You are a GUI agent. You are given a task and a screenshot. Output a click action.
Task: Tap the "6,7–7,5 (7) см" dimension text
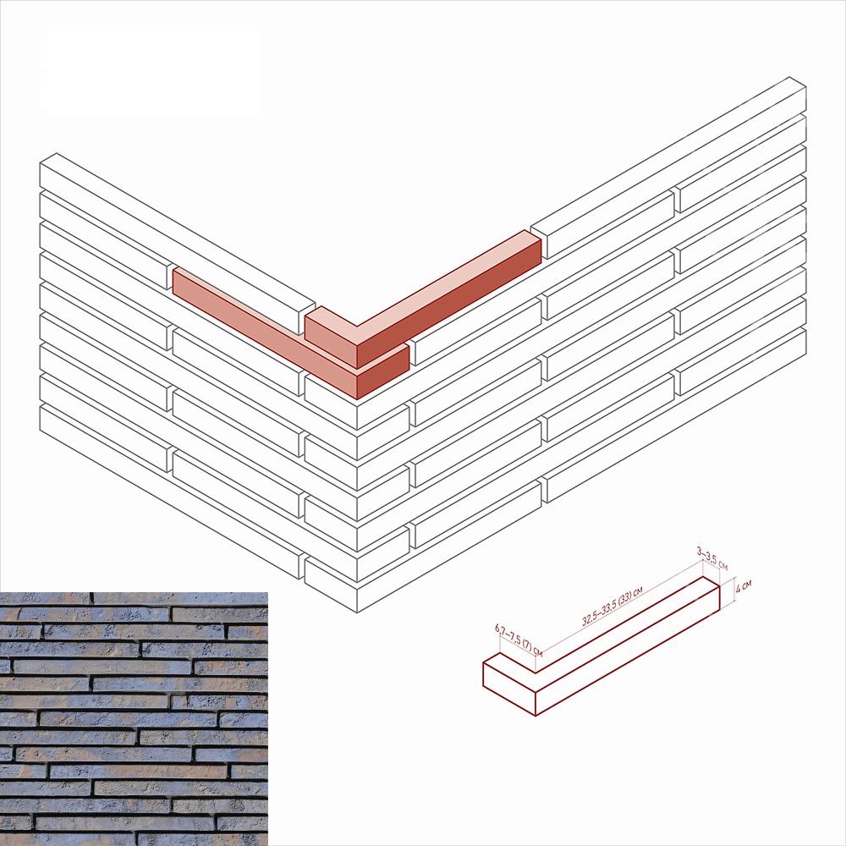(x=519, y=640)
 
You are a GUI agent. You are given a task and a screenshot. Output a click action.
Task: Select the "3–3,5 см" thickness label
(x=712, y=559)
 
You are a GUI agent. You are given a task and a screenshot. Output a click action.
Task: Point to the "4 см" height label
(x=744, y=586)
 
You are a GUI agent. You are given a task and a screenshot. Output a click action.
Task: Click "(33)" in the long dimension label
(x=624, y=599)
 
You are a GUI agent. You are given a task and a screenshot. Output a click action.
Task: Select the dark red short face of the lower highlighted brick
(x=382, y=371)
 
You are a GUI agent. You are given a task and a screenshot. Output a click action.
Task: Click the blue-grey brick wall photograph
(x=134, y=718)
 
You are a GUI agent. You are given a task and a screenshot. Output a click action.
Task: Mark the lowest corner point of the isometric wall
(x=358, y=613)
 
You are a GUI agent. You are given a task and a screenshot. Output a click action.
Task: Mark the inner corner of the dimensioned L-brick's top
(x=536, y=673)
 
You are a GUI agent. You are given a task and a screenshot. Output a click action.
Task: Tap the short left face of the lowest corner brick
(x=331, y=578)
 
